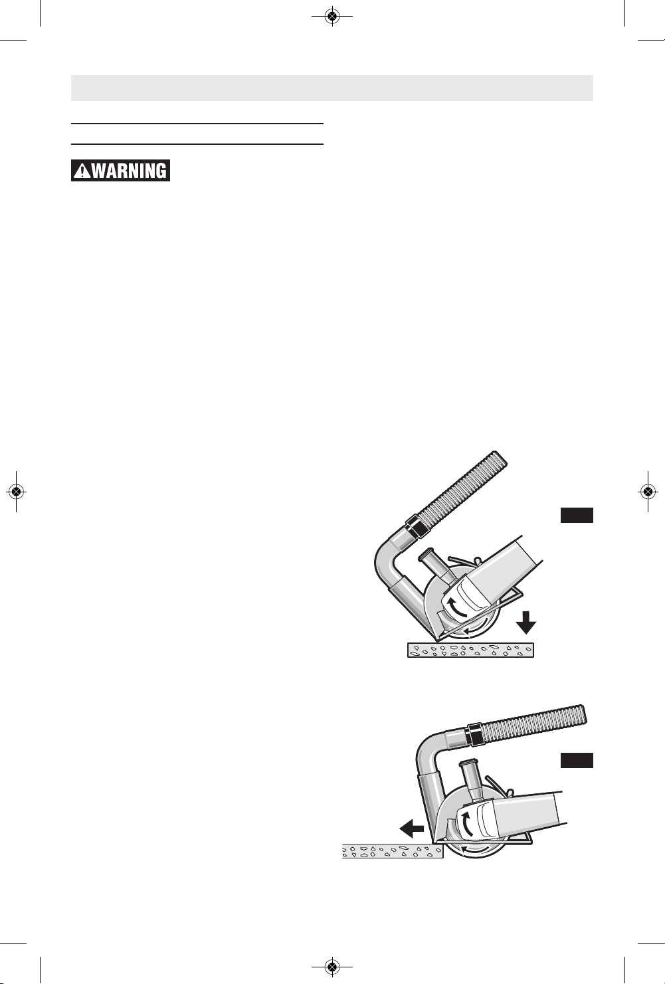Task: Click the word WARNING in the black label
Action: pos(129,171)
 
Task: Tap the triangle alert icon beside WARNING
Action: pos(82,171)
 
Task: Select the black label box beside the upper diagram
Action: pos(577,516)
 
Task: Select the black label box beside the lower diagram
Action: pos(577,760)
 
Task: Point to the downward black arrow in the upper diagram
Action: pos(525,622)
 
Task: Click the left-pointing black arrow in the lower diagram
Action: pos(412,829)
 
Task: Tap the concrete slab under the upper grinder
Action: pos(470,650)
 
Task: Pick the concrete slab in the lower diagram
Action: pos(393,851)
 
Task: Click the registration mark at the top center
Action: pos(332,17)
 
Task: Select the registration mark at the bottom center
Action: pos(332,966)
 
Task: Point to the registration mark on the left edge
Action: pos(16,492)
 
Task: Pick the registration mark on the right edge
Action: pos(648,492)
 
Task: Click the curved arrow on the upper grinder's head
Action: pos(455,608)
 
